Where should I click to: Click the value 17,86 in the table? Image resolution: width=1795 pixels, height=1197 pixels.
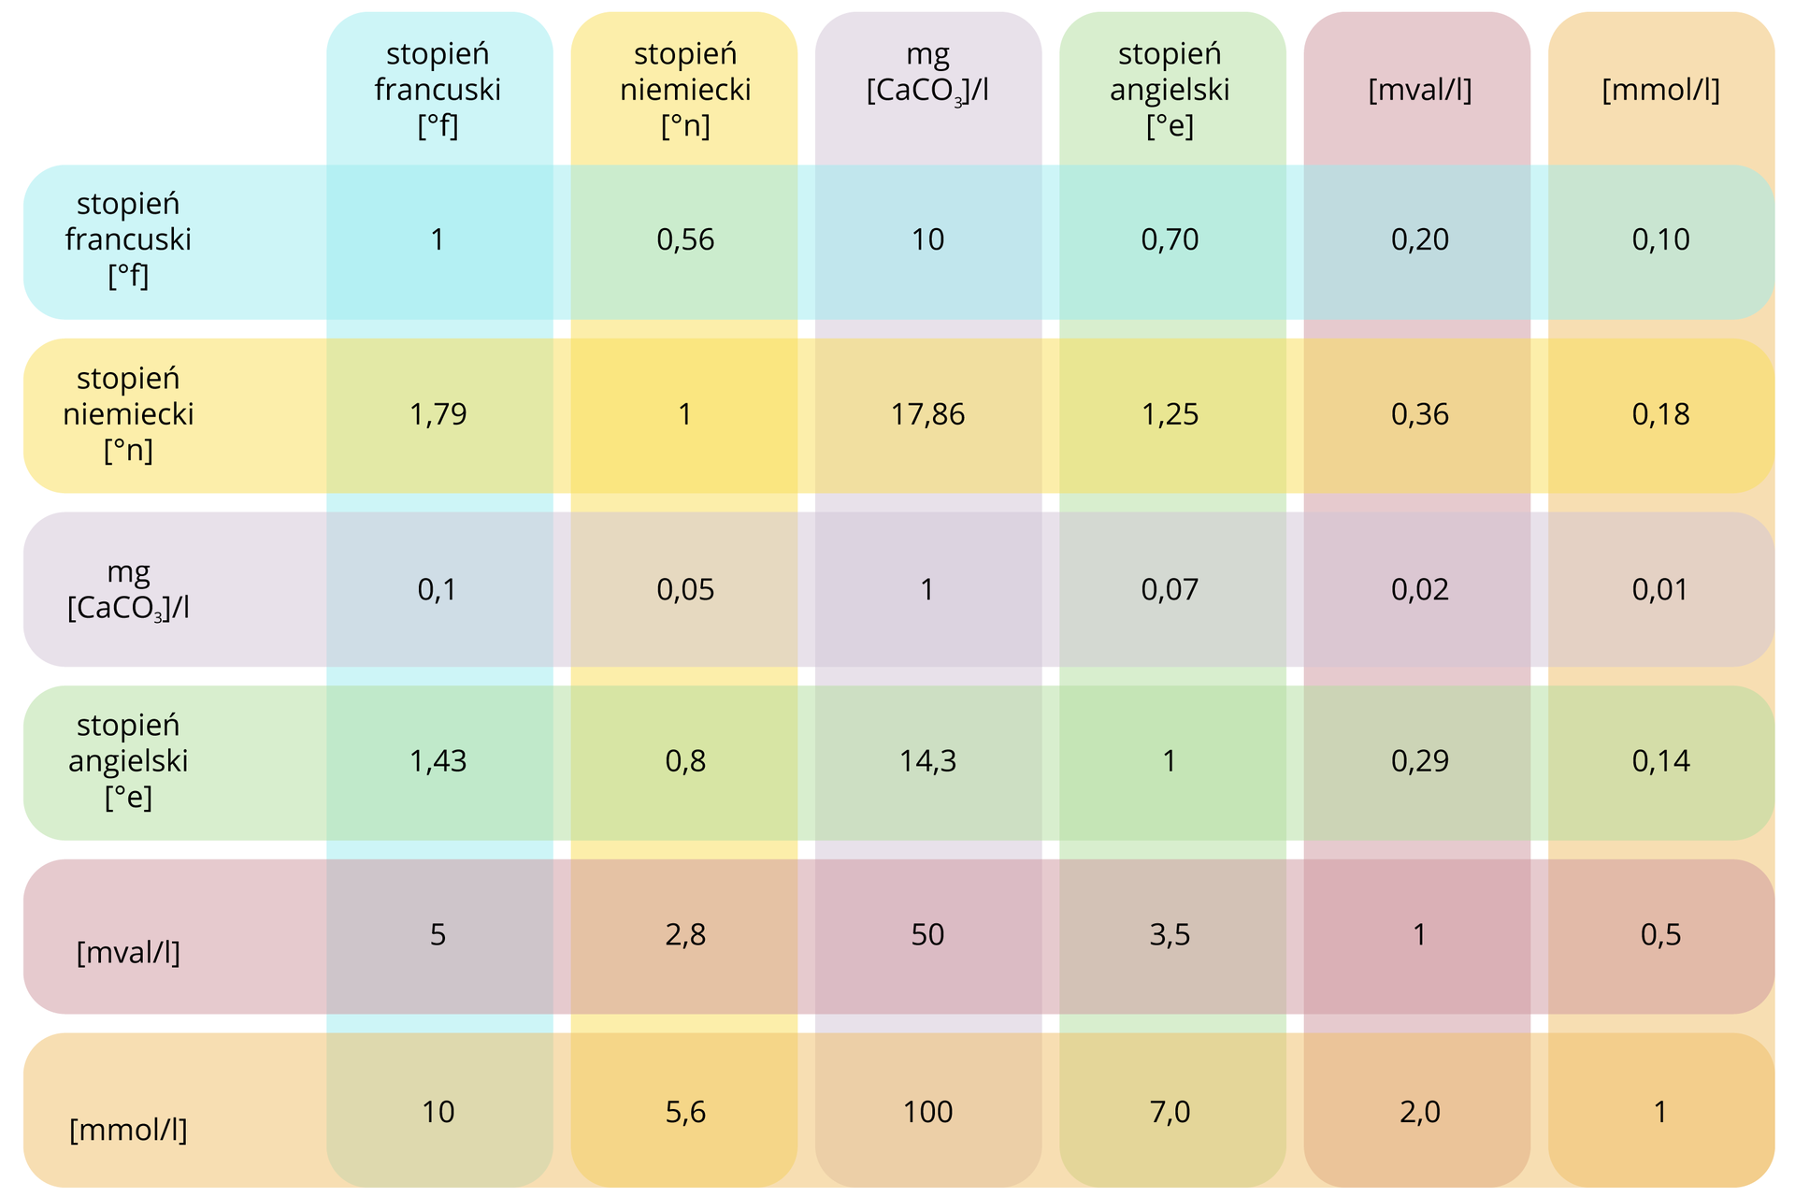[x=927, y=414]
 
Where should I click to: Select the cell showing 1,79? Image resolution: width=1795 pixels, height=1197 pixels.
[x=438, y=414]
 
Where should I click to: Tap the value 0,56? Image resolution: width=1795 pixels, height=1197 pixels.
[x=685, y=240]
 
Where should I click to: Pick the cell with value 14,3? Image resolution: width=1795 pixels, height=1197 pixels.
[x=927, y=761]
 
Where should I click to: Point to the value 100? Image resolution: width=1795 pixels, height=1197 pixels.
[x=927, y=1112]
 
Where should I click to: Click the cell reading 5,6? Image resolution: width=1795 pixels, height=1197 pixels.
[x=685, y=1112]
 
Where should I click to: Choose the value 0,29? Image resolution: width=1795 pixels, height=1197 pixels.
[x=1419, y=761]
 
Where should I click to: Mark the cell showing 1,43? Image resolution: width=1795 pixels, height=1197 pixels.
[x=438, y=761]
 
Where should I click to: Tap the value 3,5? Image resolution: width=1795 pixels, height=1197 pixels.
[x=1170, y=935]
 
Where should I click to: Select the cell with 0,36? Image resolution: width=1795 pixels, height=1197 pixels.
[x=1419, y=414]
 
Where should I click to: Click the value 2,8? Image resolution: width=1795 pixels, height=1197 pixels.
[x=685, y=935]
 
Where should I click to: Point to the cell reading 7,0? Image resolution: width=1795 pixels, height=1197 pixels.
[x=1170, y=1112]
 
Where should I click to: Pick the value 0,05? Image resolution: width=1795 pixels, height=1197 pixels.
[x=685, y=589]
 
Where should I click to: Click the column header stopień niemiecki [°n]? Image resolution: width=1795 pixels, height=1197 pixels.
[x=685, y=90]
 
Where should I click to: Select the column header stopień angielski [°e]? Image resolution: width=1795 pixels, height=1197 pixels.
[x=1170, y=90]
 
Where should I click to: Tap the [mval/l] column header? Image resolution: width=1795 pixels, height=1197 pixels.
[x=1419, y=91]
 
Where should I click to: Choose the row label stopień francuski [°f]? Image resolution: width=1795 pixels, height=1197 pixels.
[x=128, y=240]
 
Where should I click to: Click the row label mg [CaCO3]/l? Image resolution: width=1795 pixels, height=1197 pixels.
[x=128, y=589]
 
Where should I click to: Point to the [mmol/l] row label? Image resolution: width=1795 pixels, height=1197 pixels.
[x=128, y=1130]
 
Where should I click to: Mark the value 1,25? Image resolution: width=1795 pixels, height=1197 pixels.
[x=1170, y=414]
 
